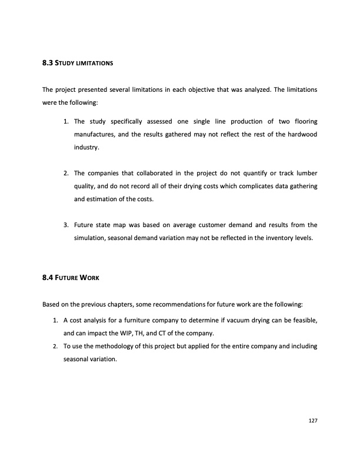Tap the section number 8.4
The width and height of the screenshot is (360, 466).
pyautogui.click(x=48, y=273)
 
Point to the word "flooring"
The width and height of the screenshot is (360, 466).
pyautogui.click(x=305, y=122)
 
